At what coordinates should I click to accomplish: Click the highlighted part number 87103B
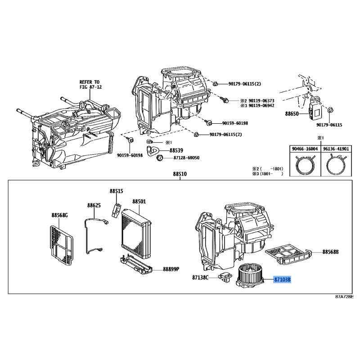point(282,279)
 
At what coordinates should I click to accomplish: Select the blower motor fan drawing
point(250,277)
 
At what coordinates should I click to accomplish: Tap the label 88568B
point(330,252)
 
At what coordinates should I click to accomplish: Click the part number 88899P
point(171,269)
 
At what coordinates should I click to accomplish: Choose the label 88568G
point(59,215)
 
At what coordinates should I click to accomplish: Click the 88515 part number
point(116,191)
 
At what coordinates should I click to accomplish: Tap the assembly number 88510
point(180,174)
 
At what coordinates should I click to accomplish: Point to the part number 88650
point(292,114)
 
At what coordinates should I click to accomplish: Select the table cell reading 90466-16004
point(305,149)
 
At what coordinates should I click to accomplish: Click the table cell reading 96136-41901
point(336,149)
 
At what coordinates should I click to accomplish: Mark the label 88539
point(176,150)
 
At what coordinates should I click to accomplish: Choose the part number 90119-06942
point(261,106)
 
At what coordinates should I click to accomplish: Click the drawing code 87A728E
point(344,297)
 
